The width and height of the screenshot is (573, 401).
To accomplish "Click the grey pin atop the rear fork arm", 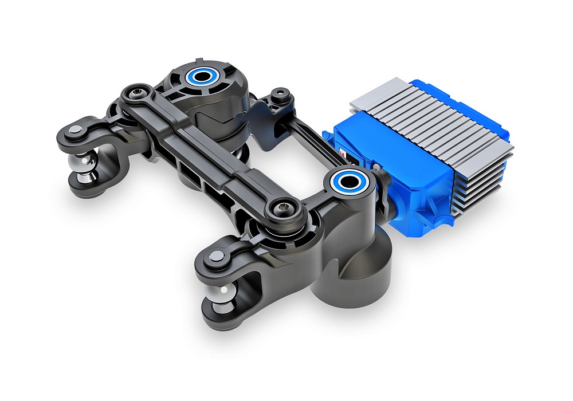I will pos(76,131).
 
